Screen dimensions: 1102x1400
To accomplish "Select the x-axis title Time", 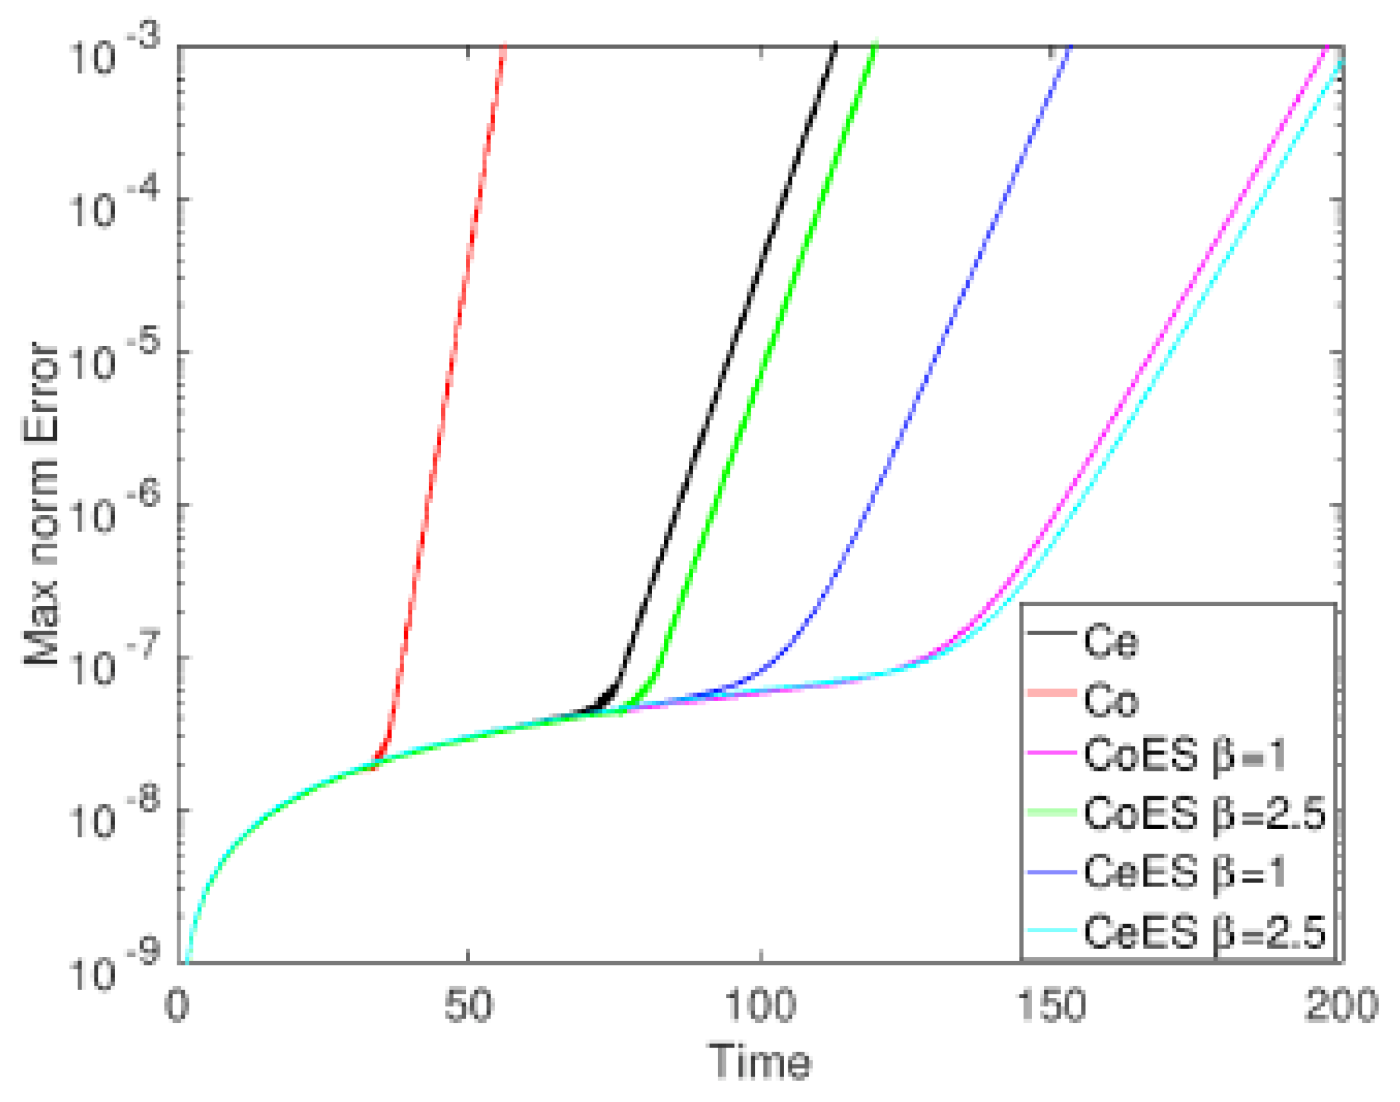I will point(759,1061).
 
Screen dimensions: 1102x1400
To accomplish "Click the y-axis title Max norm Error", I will point(42,503).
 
